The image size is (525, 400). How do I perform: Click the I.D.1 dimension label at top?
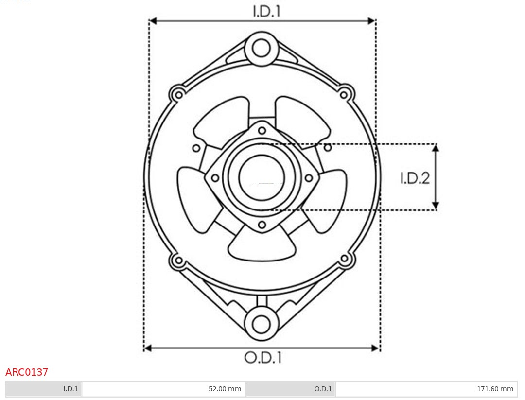[266, 11]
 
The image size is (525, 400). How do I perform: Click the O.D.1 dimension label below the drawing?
[262, 358]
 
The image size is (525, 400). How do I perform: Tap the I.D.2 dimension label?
[415, 178]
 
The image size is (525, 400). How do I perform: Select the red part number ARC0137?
[27, 372]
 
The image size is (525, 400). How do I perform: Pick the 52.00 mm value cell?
[164, 389]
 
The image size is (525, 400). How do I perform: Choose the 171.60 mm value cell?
[426, 389]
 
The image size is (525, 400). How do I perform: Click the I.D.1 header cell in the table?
[44, 389]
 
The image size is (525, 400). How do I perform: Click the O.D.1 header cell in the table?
[291, 389]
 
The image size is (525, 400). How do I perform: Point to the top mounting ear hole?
[262, 48]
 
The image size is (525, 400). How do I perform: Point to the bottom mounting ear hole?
[262, 324]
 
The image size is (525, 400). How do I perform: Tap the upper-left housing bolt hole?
[178, 94]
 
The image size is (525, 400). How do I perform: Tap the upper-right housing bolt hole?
[345, 94]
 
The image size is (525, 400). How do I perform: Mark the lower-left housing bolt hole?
[178, 260]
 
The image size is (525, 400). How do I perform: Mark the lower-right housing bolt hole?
[345, 259]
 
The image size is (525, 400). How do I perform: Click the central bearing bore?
[262, 178]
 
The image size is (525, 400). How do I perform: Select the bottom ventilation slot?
[262, 245]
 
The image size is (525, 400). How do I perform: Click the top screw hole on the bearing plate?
[262, 130]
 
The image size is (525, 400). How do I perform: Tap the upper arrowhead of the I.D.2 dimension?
[436, 148]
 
